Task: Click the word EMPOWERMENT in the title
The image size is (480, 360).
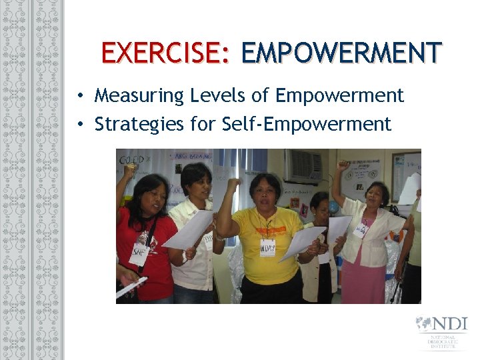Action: (x=341, y=53)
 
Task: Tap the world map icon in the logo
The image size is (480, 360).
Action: (x=423, y=324)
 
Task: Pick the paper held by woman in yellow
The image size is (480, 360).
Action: (x=303, y=241)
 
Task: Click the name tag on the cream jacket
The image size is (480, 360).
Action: (x=360, y=231)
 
